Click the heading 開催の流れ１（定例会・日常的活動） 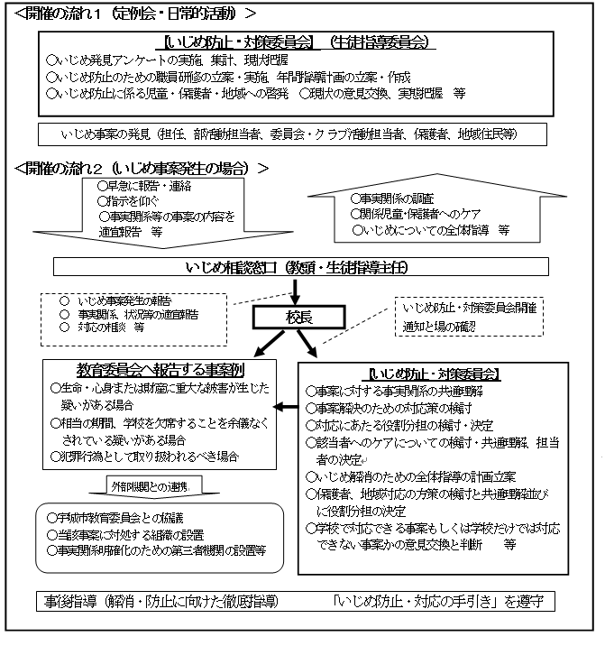point(130,14)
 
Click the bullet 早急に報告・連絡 point(149,186)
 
